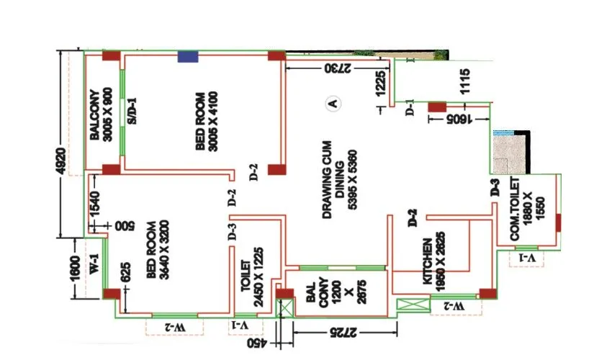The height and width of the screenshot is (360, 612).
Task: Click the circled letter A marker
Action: point(333,103)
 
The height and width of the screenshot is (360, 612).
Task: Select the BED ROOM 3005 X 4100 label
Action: point(206,121)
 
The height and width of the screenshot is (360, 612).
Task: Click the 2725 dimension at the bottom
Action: point(346,332)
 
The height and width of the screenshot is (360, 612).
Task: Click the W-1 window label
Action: point(94,265)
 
